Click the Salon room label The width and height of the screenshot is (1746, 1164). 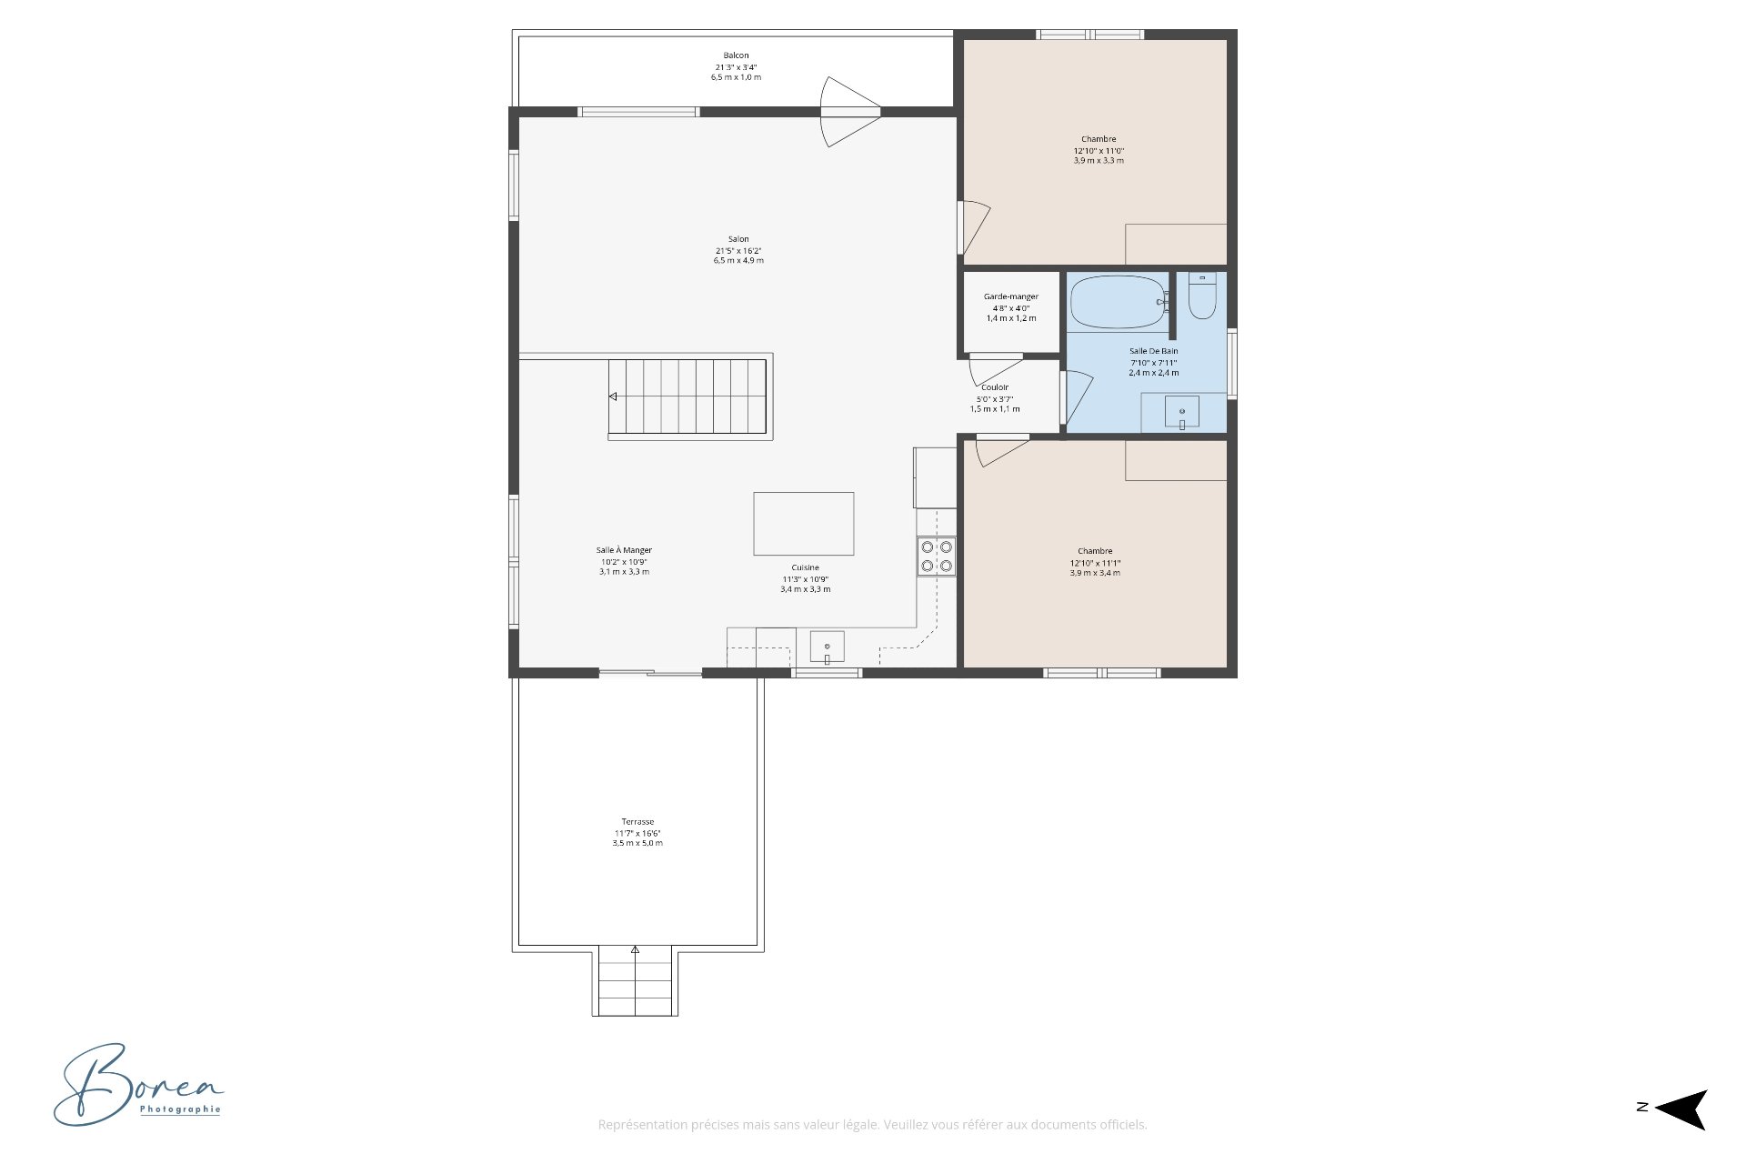click(x=738, y=239)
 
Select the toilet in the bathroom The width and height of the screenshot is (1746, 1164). click(x=1202, y=300)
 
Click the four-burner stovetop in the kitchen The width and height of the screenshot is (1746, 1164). click(x=936, y=557)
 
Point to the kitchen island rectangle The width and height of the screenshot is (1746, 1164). click(x=803, y=524)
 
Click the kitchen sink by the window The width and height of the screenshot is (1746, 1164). click(x=827, y=647)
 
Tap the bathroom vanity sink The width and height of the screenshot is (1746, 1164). click(x=1182, y=413)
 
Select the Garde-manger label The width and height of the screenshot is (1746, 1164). click(x=1010, y=296)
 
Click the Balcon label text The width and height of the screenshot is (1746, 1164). click(x=736, y=55)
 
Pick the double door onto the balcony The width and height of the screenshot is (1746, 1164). click(x=849, y=112)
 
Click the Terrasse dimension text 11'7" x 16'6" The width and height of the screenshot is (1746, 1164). click(x=637, y=833)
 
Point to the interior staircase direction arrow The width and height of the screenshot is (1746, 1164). click(x=613, y=396)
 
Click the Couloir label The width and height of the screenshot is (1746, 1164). click(x=994, y=387)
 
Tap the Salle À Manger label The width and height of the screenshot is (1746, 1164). click(x=624, y=550)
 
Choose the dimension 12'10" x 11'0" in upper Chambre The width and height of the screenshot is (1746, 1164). click(x=1099, y=151)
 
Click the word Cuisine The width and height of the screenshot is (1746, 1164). click(x=805, y=567)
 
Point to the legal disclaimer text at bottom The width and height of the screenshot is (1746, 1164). click(x=872, y=1125)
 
